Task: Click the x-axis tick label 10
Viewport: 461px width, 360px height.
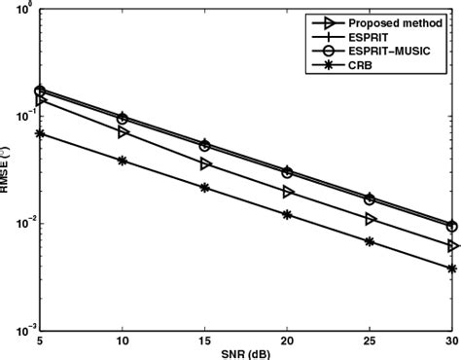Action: [x=122, y=342]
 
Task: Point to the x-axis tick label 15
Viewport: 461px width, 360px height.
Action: [x=204, y=342]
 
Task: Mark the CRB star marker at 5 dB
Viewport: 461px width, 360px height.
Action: [x=40, y=133]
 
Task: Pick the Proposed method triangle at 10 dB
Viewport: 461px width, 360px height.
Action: [x=123, y=130]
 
